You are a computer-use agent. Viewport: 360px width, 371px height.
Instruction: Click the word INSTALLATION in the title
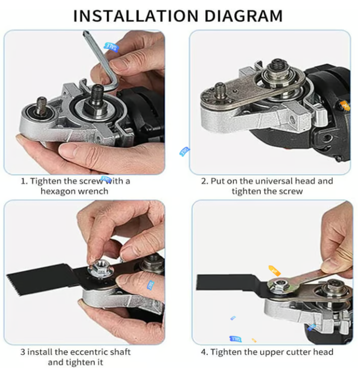coord(136,16)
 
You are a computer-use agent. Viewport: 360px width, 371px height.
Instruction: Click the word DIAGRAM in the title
coord(243,16)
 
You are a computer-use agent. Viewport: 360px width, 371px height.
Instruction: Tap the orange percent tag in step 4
coord(274,271)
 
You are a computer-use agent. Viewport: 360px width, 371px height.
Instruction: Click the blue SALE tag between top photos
coord(184,151)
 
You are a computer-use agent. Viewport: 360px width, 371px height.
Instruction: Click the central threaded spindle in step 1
coord(97,93)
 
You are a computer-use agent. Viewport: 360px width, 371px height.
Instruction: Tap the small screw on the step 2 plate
coord(220,90)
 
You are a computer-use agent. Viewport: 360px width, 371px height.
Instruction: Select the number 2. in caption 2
coord(205,181)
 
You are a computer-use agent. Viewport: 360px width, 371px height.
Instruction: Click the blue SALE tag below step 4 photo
coord(236,339)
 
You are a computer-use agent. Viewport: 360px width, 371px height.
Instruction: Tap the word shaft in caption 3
coord(121,352)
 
